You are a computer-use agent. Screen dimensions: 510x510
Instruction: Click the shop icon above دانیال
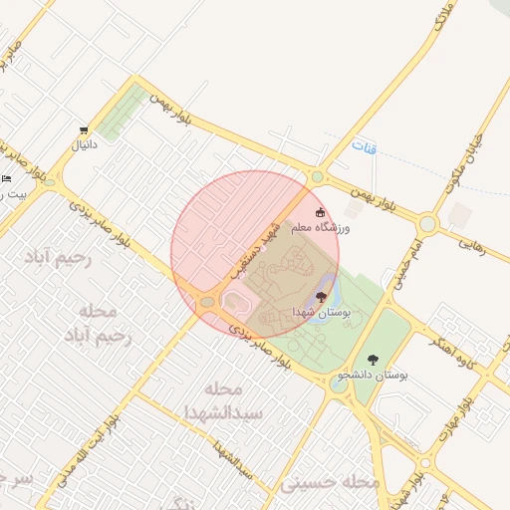[x=84, y=130]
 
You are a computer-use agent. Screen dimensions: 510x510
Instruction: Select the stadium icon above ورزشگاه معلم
[x=320, y=212]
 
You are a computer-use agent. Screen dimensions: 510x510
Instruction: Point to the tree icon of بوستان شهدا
[x=320, y=297]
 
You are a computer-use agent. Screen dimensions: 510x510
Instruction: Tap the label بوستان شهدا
[x=321, y=313]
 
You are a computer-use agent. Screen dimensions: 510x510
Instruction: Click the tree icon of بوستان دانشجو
[x=373, y=360]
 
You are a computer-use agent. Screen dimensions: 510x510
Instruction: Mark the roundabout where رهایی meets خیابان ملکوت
[x=427, y=224]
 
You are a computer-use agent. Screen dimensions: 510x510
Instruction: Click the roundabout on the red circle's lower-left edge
[x=208, y=301]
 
